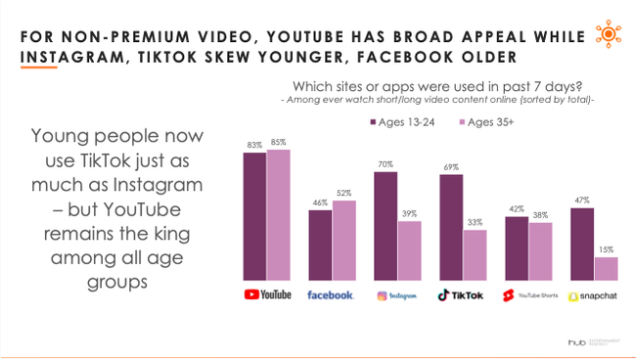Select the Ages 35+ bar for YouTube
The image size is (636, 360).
[x=279, y=215]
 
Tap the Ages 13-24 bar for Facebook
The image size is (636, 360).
[x=320, y=245]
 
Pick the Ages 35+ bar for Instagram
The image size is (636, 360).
[x=409, y=251]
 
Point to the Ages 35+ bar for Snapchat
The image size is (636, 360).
[x=606, y=269]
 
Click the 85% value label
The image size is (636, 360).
[x=279, y=143]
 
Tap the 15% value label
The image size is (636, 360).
[x=606, y=250]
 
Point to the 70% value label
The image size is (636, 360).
[x=385, y=164]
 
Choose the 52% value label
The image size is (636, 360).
[x=344, y=194]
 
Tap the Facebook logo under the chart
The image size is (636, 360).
[x=330, y=294]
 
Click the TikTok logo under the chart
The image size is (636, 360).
[x=461, y=294]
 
